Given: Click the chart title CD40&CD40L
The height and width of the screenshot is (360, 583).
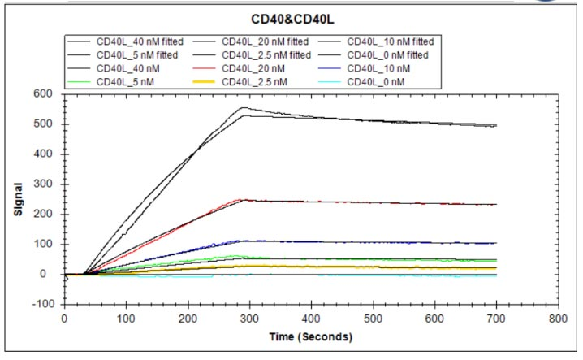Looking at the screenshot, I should [293, 17].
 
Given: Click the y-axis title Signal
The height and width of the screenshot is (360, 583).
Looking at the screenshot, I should [18, 198].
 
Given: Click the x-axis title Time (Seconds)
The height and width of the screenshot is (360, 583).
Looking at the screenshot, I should [311, 336].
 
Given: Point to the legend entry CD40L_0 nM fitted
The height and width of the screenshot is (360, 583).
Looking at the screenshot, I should [387, 54].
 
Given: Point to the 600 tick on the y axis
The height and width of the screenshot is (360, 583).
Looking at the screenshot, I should [45, 94].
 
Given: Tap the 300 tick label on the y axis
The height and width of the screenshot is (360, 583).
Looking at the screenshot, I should [45, 184].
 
